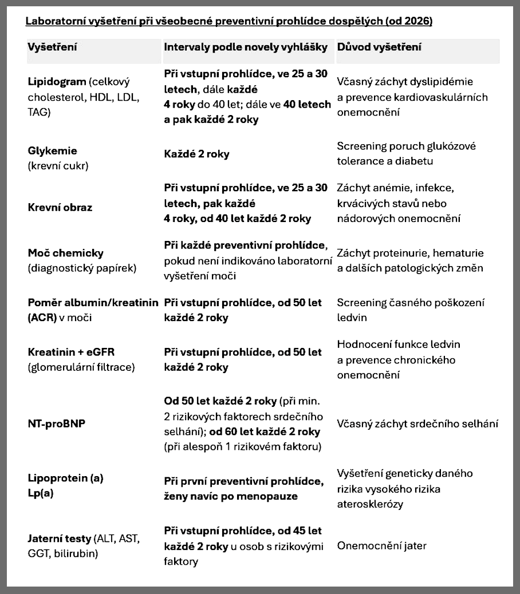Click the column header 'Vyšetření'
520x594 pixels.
click(52, 46)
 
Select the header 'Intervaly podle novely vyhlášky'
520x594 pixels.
click(246, 46)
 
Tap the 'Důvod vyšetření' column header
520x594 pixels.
click(380, 46)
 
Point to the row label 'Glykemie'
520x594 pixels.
click(52, 151)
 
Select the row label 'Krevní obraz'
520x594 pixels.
click(60, 207)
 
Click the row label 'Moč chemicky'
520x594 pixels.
click(65, 253)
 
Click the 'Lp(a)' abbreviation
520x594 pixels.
click(40, 493)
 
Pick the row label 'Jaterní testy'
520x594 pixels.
click(59, 538)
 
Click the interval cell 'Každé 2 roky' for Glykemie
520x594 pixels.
click(197, 155)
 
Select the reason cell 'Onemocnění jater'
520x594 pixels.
click(381, 545)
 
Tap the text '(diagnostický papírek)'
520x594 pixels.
click(82, 268)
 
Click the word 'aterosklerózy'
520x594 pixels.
click(371, 504)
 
